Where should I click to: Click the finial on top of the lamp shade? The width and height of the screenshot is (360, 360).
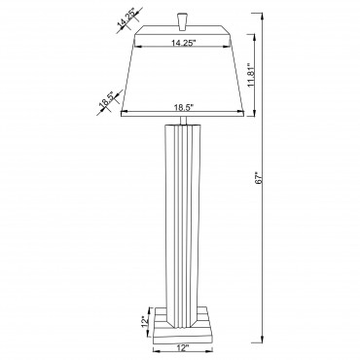[x=183, y=21]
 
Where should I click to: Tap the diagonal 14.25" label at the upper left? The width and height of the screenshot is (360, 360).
[x=127, y=19]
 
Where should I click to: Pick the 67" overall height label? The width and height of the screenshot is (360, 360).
[x=259, y=178]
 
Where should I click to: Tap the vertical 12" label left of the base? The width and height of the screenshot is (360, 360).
[x=145, y=321]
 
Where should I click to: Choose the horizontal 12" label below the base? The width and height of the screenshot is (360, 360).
[x=183, y=348]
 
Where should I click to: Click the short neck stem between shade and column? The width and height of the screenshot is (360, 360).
[x=183, y=120]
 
